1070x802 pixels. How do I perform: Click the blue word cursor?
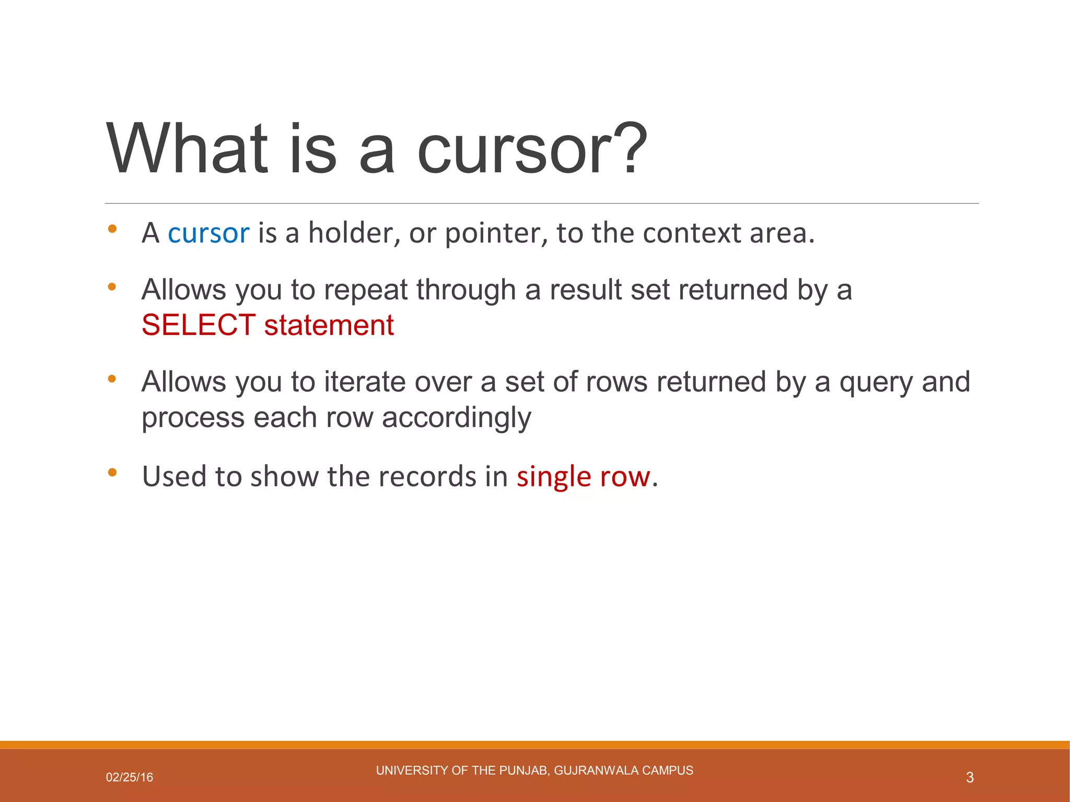(x=208, y=233)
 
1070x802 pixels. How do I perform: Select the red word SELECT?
(x=199, y=325)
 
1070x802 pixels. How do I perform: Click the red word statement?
(x=329, y=325)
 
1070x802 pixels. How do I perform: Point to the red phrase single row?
(x=583, y=476)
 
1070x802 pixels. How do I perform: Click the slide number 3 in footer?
(x=970, y=777)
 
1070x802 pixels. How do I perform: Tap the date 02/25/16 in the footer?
(x=130, y=777)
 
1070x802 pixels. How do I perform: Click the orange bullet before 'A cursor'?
(x=112, y=229)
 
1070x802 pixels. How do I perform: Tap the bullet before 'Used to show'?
(x=112, y=473)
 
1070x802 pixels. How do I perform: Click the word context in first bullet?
(x=692, y=233)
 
